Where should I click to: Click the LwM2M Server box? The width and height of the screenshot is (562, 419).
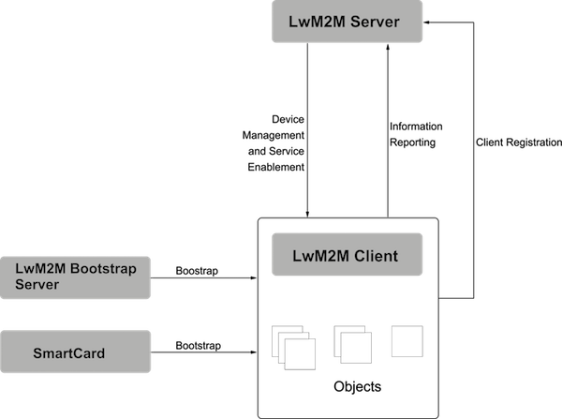click(348, 22)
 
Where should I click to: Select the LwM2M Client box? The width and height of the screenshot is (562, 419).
click(348, 255)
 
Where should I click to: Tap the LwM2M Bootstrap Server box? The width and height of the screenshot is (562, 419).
click(76, 277)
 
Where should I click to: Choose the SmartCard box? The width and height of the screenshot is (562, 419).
click(76, 352)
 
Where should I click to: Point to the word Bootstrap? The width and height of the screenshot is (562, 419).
click(102, 270)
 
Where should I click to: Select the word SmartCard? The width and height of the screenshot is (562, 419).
click(68, 353)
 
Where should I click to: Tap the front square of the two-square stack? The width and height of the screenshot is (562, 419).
click(355, 349)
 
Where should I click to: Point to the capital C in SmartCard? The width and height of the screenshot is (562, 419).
click(76, 353)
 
